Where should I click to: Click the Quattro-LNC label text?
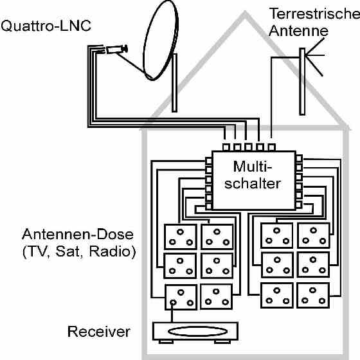(x=46, y=26)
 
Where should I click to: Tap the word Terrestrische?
(x=315, y=14)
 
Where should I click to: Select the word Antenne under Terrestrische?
(x=298, y=31)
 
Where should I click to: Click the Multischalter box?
(x=254, y=180)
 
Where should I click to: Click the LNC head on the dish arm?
(x=116, y=50)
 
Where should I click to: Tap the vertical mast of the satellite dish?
(x=174, y=83)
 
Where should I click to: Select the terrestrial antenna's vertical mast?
(x=302, y=82)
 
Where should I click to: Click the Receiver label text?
(x=99, y=332)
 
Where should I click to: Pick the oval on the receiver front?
(x=198, y=332)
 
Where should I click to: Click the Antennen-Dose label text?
(x=78, y=234)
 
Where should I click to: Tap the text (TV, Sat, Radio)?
(x=79, y=251)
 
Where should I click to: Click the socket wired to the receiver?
(x=181, y=297)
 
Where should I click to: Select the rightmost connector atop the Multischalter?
(x=271, y=147)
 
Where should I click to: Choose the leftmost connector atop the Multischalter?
(x=226, y=147)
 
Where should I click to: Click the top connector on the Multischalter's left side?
(x=208, y=161)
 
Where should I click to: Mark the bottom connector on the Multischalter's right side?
(x=299, y=205)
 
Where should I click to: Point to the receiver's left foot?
(x=166, y=341)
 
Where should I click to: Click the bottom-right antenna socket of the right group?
(x=313, y=296)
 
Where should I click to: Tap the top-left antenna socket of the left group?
(x=181, y=237)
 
